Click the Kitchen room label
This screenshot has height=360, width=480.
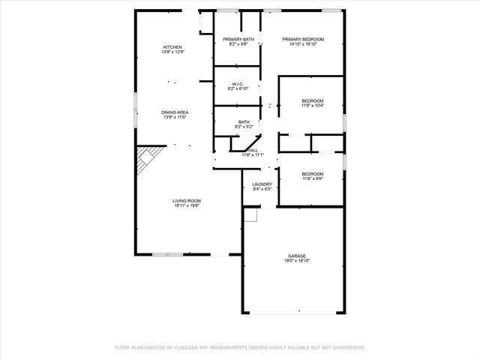[x=172, y=47]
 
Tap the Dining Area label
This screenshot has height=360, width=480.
[x=174, y=112]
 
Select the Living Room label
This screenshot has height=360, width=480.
[x=187, y=200]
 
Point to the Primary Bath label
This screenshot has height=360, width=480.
[x=237, y=39]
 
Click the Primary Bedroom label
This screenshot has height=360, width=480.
[x=303, y=39]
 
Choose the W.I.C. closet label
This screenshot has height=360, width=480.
[x=237, y=84]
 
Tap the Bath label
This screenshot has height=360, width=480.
[x=244, y=122]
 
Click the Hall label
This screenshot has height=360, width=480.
[x=253, y=150]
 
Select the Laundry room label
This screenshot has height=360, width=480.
[x=262, y=184]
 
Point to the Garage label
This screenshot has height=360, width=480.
[x=297, y=256]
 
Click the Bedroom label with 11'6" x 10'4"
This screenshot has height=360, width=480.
[x=312, y=101]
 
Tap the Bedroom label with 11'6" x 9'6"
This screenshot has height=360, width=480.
[x=313, y=174]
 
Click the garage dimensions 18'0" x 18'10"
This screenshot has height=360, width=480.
[x=297, y=261]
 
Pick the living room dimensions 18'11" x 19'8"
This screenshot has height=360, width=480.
[x=187, y=205]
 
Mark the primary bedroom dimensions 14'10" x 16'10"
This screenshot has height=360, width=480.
[x=303, y=44]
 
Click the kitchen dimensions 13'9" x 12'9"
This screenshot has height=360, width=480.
[x=172, y=52]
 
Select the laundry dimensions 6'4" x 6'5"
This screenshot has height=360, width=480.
[x=262, y=190]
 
